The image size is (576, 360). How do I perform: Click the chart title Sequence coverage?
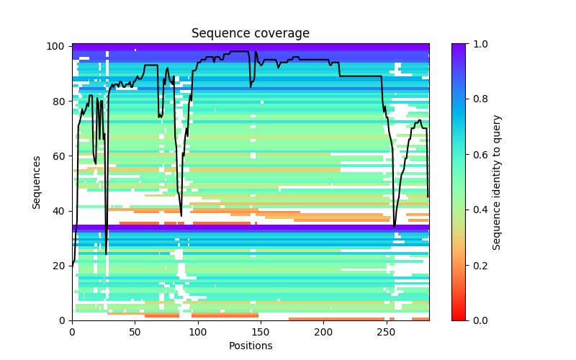pyautogui.click(x=251, y=33)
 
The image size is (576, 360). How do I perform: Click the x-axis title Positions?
pyautogui.click(x=251, y=346)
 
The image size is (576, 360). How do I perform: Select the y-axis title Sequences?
pyautogui.click(x=37, y=181)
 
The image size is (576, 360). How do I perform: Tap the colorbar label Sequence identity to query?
pyautogui.click(x=497, y=181)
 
